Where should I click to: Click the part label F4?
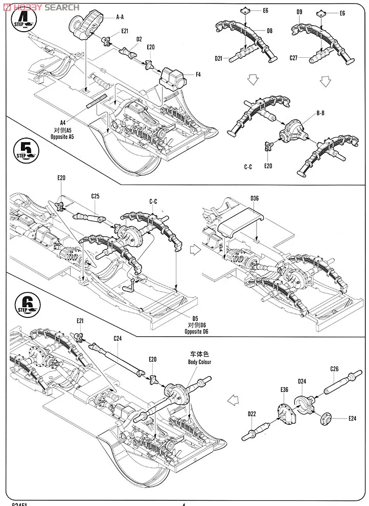pyautogui.click(x=198, y=75)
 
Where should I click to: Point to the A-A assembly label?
pyautogui.click(x=121, y=17)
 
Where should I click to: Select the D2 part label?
pyautogui.click(x=139, y=38)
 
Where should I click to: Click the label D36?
pyautogui.click(x=256, y=198)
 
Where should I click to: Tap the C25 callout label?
pyautogui.click(x=95, y=196)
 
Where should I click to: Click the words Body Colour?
pyautogui.click(x=200, y=362)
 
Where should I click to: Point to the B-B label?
pyautogui.click(x=321, y=113)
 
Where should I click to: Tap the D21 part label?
pyautogui.click(x=218, y=58)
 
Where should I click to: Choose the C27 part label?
pyautogui.click(x=293, y=58)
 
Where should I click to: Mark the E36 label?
pyautogui.click(x=285, y=389)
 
